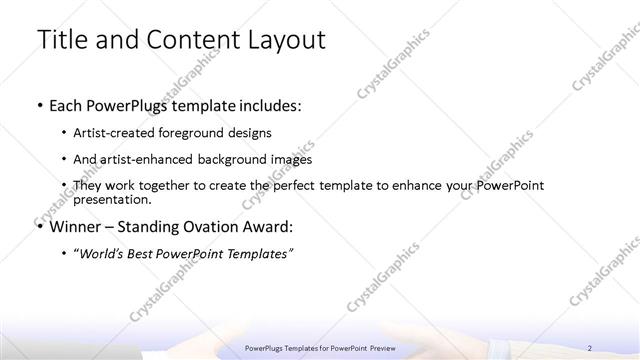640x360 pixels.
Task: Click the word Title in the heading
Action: [x=61, y=41]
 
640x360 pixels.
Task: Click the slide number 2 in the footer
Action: [x=590, y=347]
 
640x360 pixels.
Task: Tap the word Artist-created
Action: [x=114, y=132]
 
